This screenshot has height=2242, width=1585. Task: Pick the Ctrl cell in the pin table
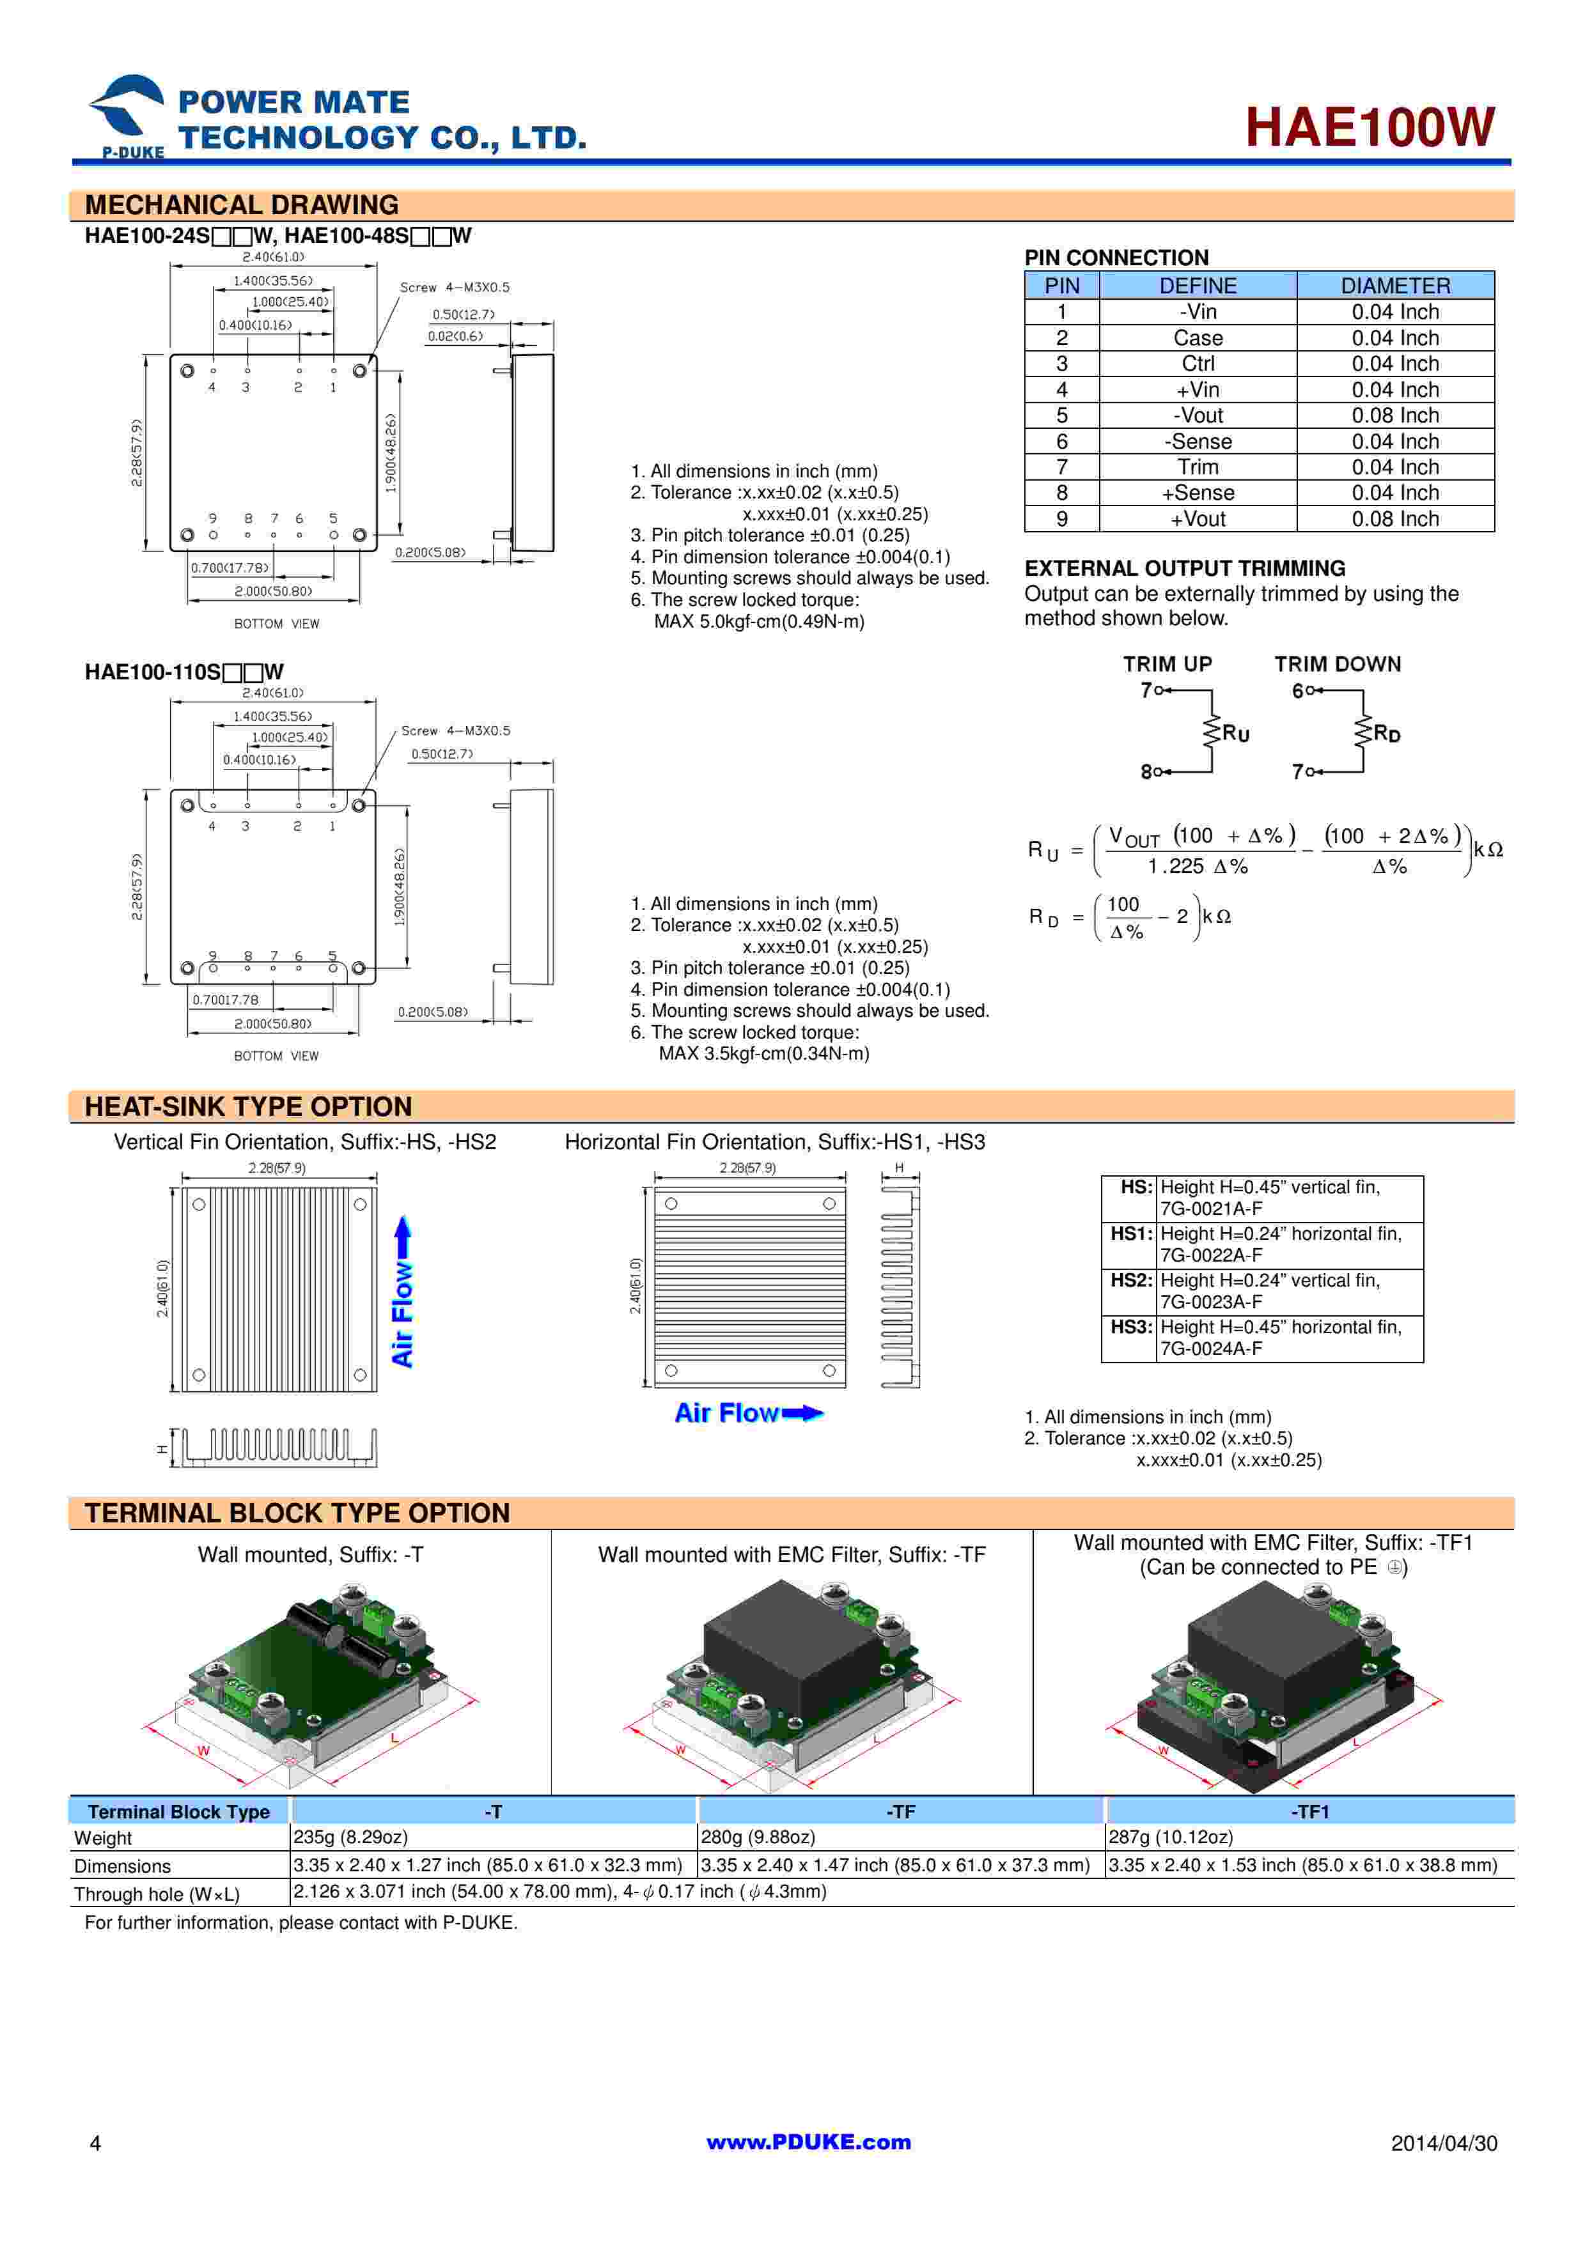(1198, 363)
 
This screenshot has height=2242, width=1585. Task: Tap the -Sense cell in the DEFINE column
(1198, 442)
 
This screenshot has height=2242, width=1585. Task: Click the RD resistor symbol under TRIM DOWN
(1362, 731)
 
